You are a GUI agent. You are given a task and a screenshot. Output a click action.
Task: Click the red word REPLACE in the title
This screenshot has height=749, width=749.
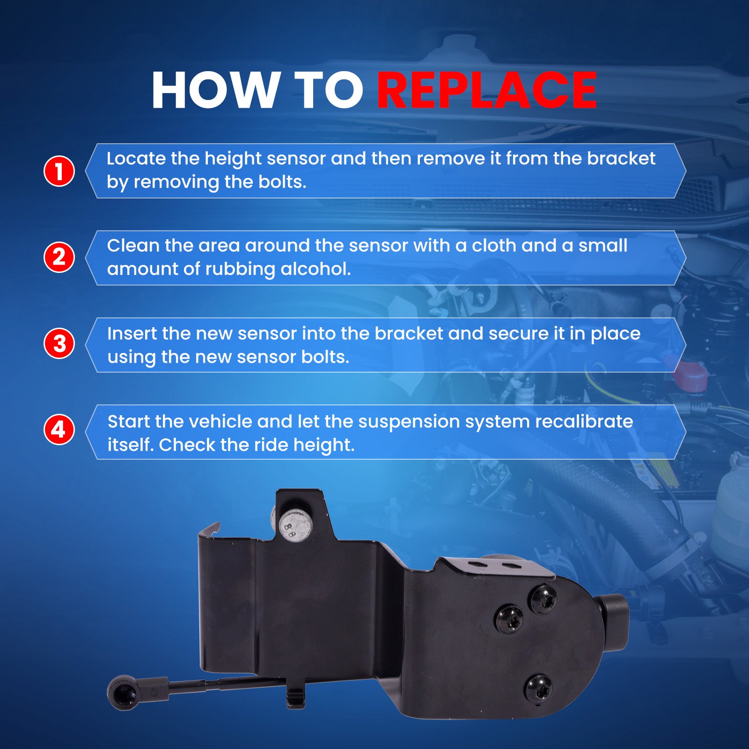(x=487, y=90)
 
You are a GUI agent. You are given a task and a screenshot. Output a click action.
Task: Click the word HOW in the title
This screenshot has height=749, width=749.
(x=214, y=90)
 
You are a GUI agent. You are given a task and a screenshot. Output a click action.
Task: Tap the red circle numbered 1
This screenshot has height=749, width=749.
(x=59, y=171)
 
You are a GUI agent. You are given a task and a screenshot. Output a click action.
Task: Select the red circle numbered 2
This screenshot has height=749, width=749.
(x=59, y=257)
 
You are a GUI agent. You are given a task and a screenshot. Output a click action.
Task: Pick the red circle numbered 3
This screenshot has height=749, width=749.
(x=59, y=344)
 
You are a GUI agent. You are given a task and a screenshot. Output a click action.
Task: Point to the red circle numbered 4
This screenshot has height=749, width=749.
(x=59, y=429)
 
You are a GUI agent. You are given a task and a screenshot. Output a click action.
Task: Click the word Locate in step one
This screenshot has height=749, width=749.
(x=136, y=158)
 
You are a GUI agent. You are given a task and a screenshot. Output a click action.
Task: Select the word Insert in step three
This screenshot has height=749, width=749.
(x=132, y=333)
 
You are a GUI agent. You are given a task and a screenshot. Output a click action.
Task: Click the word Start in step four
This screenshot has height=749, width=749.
(x=129, y=421)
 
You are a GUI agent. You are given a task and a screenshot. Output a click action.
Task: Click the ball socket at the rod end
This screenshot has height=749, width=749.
(x=122, y=692)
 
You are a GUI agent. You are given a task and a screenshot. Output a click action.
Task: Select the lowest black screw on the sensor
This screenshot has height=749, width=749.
(x=538, y=689)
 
